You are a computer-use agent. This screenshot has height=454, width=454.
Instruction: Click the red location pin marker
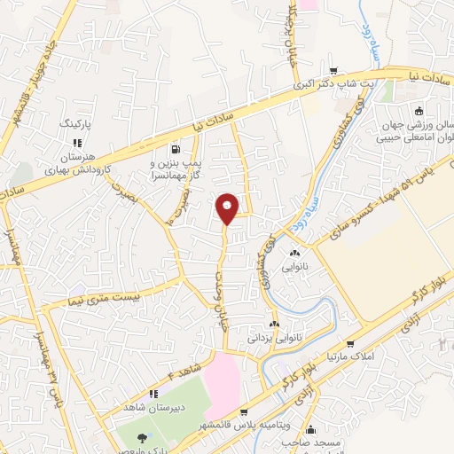pos(228,207)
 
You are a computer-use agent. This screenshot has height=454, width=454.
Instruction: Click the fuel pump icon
pos(176,148)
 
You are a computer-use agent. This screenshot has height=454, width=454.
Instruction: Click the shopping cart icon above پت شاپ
pos(333,71)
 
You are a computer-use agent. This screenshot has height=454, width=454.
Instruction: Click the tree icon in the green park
pos(142,436)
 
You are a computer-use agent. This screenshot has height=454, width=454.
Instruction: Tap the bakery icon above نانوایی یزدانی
pos(275,325)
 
